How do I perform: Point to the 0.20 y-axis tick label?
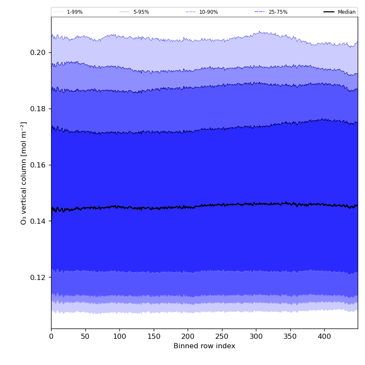pyautogui.click(x=38, y=52)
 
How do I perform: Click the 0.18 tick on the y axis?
pyautogui.click(x=38, y=109)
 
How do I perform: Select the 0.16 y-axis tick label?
pyautogui.click(x=38, y=165)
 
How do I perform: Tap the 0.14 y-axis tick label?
pyautogui.click(x=38, y=221)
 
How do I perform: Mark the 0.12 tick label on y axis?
pyautogui.click(x=38, y=277)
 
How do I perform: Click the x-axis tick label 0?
pyautogui.click(x=51, y=337)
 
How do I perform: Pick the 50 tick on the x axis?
pyautogui.click(x=85, y=337)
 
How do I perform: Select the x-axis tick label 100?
pyautogui.click(x=119, y=337)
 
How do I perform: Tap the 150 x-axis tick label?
pyautogui.click(x=154, y=337)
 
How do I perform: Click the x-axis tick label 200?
pyautogui.click(x=188, y=337)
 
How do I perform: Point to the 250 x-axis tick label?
pyautogui.click(x=222, y=337)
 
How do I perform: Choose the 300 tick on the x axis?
pyautogui.click(x=256, y=337)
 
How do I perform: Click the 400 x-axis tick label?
pyautogui.click(x=324, y=337)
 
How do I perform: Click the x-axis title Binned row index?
pyautogui.click(x=204, y=346)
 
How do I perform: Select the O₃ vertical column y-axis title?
pyautogui.click(x=24, y=173)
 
